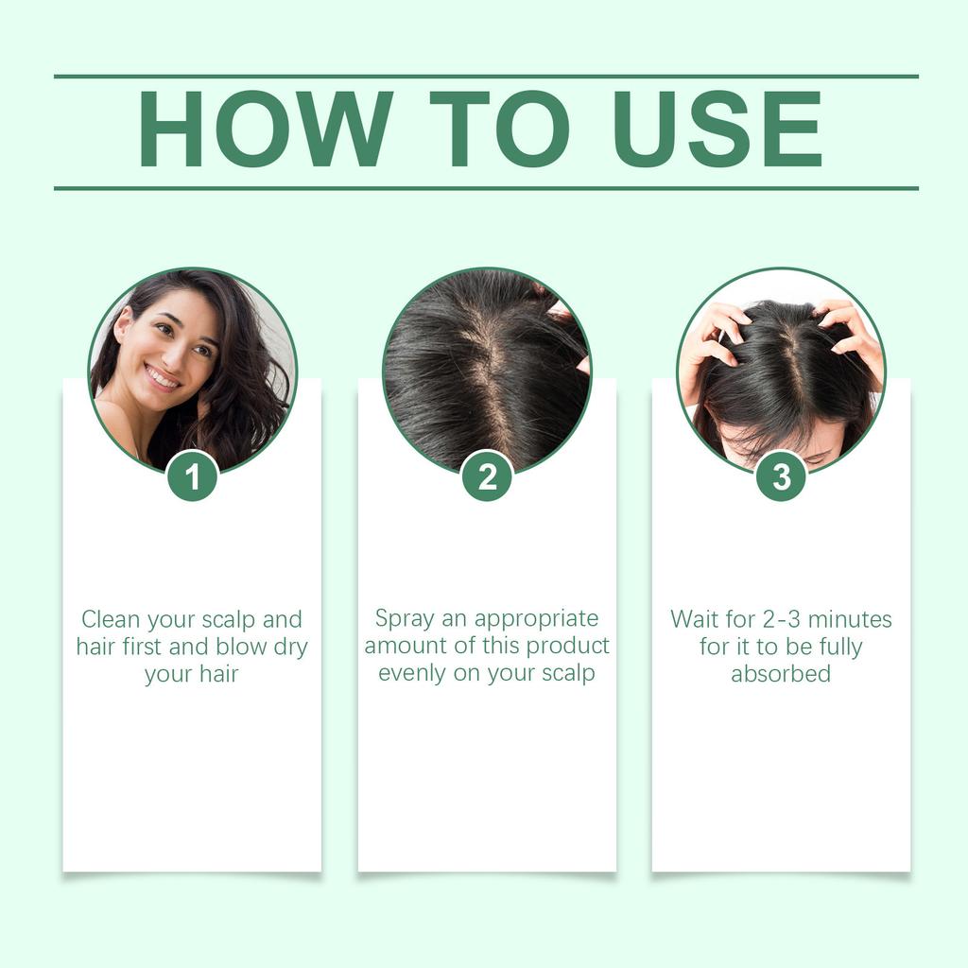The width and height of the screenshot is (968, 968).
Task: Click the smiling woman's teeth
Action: click(163, 379)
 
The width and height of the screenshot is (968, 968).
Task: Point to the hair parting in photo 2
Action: click(487, 378)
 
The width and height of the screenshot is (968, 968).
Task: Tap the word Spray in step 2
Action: click(403, 619)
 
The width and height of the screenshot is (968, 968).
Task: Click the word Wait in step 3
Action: click(695, 620)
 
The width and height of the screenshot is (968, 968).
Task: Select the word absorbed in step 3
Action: click(781, 674)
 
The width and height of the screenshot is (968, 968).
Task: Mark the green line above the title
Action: click(486, 77)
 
